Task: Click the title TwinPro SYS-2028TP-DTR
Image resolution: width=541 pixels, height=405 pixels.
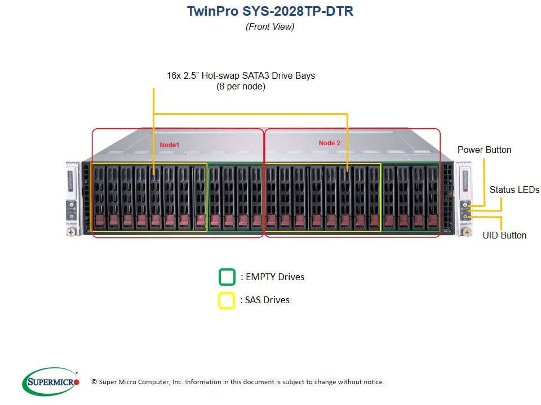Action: click(x=270, y=11)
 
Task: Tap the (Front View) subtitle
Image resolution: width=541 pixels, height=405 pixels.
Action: click(x=270, y=26)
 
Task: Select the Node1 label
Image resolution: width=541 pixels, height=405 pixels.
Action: click(x=169, y=145)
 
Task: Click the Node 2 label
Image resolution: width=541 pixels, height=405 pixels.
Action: click(x=330, y=143)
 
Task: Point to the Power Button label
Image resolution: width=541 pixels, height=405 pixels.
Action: click(x=484, y=150)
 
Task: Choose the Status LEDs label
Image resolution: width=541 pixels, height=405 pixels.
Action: click(x=514, y=190)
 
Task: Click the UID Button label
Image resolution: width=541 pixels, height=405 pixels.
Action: click(x=504, y=235)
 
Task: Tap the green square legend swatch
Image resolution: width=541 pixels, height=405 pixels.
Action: click(x=227, y=277)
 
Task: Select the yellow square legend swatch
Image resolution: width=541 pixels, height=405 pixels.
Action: click(x=227, y=300)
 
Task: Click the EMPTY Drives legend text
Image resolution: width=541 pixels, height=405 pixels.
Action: click(x=272, y=277)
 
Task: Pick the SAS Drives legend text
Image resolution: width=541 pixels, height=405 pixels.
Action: click(x=265, y=300)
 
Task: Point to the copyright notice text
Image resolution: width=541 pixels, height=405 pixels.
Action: click(x=237, y=382)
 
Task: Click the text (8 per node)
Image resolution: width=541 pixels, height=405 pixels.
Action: click(x=241, y=87)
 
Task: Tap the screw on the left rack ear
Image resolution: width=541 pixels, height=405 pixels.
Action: click(x=71, y=231)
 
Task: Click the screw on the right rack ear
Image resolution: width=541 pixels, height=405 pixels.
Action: click(x=466, y=231)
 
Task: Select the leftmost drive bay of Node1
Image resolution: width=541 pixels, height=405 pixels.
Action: click(x=99, y=197)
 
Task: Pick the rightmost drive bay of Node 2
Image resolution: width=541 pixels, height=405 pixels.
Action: click(x=432, y=197)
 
